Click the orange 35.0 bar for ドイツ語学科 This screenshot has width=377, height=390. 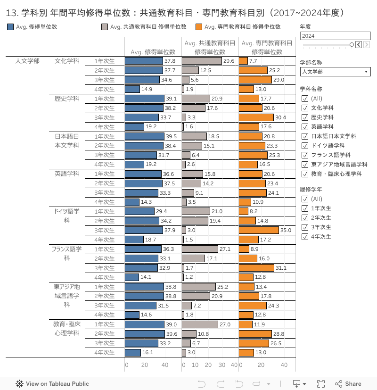pos(259,230)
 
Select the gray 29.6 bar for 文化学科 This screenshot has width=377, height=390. pos(202,61)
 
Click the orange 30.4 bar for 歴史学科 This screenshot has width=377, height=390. pos(256,117)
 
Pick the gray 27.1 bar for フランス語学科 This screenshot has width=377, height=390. pos(200,249)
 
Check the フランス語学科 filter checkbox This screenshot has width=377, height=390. pos(304,155)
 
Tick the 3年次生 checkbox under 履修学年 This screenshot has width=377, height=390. pos(304,227)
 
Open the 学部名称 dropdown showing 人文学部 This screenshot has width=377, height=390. pos(335,72)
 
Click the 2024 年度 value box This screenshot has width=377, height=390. pos(335,36)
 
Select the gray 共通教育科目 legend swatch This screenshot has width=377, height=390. pos(105,27)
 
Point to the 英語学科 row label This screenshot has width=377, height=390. pos(67,174)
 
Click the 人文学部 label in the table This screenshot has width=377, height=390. pos(27,61)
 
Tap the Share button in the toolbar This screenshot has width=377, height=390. pos(348,384)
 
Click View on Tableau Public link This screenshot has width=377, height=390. pos(52,384)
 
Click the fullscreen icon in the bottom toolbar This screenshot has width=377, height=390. pos(320,384)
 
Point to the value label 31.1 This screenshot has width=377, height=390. pos(281,268)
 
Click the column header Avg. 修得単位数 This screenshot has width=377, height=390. pos(153,52)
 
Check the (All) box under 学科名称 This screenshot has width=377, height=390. pos(304,98)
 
